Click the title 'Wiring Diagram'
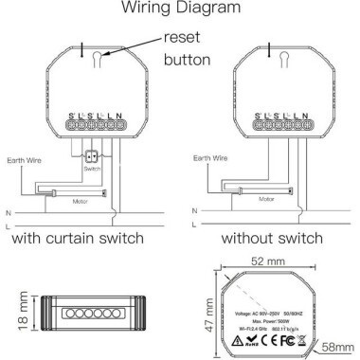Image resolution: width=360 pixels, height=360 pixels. click(x=179, y=9)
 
